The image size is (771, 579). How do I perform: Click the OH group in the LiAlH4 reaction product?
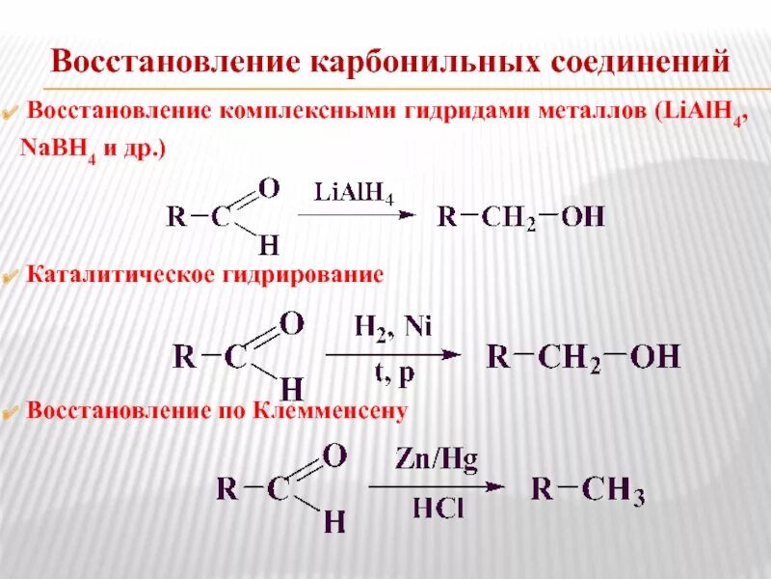[x=583, y=216]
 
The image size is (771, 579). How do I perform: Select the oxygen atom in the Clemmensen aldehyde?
[x=333, y=454]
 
